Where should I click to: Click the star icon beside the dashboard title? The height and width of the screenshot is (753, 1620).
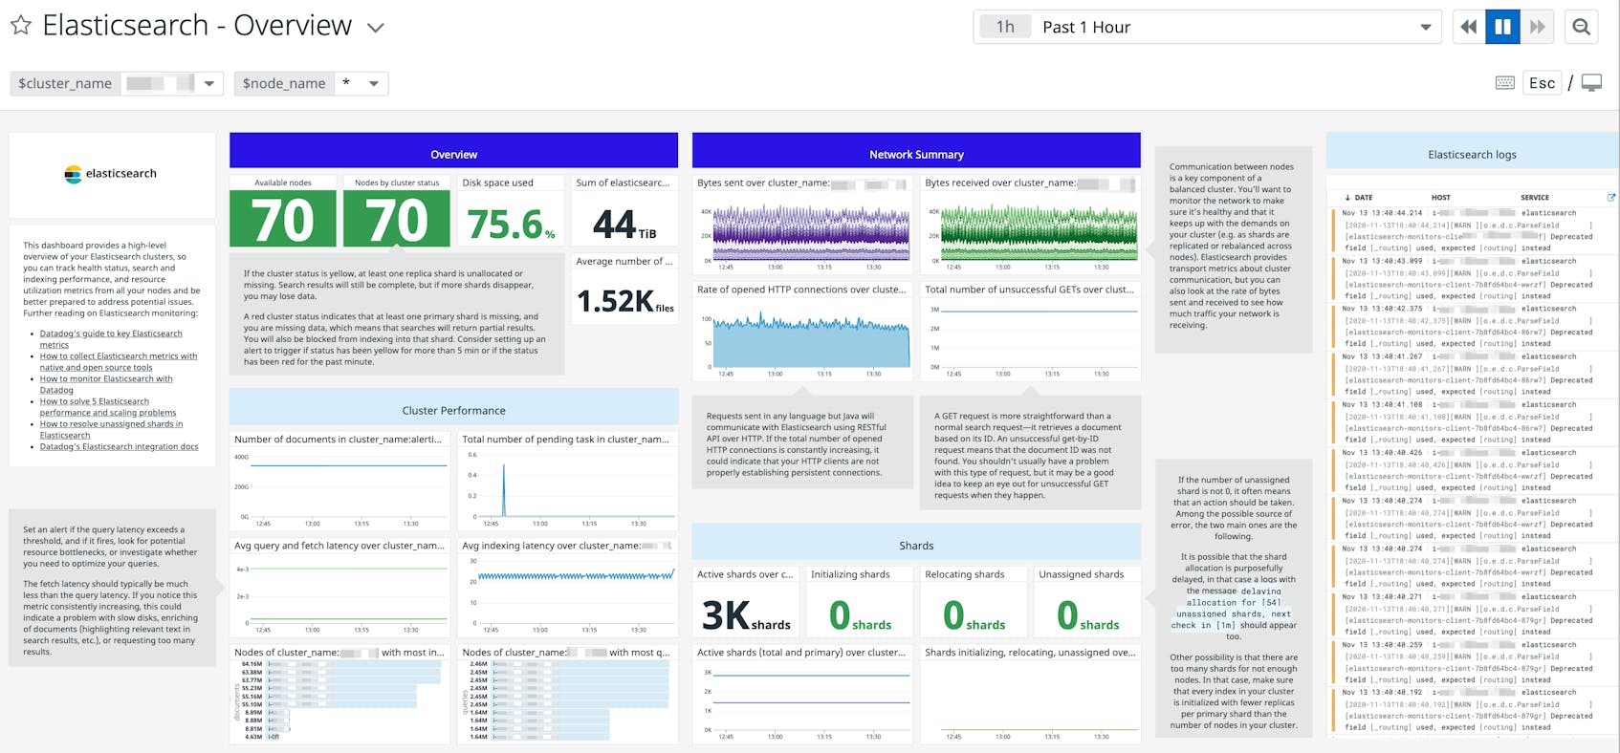pos(21,26)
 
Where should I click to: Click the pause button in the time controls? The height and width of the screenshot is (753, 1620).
pos(1502,27)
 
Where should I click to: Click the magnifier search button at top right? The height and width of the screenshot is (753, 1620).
pos(1581,27)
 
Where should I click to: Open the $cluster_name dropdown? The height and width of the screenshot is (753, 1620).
pos(208,83)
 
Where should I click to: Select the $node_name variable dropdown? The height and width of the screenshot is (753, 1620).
pos(374,83)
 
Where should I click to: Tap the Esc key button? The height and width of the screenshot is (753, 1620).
pos(1542,83)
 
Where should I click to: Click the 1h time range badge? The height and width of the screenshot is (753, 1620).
pos(1004,27)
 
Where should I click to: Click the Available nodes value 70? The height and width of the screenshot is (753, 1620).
pos(283,220)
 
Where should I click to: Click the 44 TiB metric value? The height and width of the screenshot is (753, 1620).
pos(624,225)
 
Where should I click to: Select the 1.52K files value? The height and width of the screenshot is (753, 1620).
pos(624,301)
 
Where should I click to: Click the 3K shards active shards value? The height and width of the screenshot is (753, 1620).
pos(745,614)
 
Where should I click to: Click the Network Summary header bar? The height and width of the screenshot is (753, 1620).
pos(915,153)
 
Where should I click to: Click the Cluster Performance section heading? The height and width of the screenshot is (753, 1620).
pos(453,410)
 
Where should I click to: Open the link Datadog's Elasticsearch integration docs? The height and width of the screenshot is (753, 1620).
pos(119,446)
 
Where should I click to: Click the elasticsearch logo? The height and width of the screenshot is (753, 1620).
pos(111,174)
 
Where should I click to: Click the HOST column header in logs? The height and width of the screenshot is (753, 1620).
pos(1440,198)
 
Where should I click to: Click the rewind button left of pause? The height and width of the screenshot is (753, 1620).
pos(1468,27)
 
